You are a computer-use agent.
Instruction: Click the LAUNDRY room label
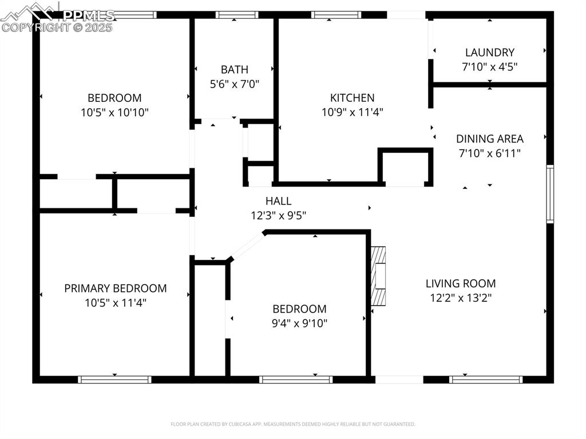[489, 52]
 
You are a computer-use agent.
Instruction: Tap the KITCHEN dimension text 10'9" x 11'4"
[352, 112]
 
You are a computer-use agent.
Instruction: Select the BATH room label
[235, 69]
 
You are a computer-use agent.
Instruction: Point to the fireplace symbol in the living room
[378, 278]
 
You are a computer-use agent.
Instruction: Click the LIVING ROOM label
[460, 283]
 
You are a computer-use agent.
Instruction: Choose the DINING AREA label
[489, 139]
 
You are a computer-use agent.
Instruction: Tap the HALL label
[278, 201]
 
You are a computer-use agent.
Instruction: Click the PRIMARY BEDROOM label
[115, 288]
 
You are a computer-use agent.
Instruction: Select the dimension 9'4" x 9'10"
[299, 323]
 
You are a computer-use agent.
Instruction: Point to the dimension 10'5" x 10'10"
[114, 112]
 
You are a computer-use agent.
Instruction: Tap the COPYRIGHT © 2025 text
[57, 27]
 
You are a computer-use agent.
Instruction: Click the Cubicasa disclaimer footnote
[292, 424]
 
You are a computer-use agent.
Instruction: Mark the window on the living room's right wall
[550, 193]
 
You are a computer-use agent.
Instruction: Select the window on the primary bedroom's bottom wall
[114, 379]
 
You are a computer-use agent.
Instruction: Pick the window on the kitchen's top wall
[336, 15]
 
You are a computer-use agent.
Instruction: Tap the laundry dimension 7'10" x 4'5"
[489, 66]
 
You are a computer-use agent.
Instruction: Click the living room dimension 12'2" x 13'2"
[460, 298]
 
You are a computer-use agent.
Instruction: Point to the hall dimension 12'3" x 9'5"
[278, 216]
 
